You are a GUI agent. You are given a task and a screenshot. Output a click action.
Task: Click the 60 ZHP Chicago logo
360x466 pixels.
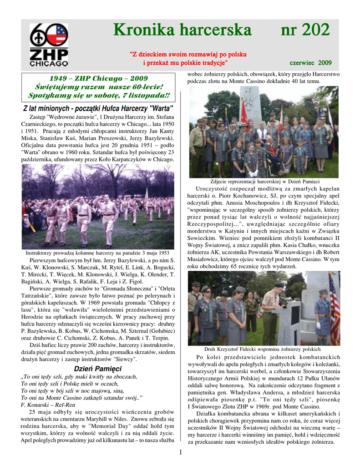click(x=49, y=44)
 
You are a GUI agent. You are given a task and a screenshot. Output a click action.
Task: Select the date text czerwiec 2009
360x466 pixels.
click(x=311, y=62)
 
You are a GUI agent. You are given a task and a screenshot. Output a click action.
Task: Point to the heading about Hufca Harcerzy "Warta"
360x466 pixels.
click(x=98, y=109)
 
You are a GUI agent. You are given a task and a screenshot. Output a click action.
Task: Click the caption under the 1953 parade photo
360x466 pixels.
click(x=98, y=253)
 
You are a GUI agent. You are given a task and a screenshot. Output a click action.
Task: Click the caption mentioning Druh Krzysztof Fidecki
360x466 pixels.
click(x=263, y=349)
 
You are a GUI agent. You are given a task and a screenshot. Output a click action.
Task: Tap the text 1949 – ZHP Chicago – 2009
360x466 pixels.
click(x=99, y=78)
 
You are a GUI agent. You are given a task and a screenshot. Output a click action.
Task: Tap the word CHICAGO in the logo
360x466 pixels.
click(x=49, y=64)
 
